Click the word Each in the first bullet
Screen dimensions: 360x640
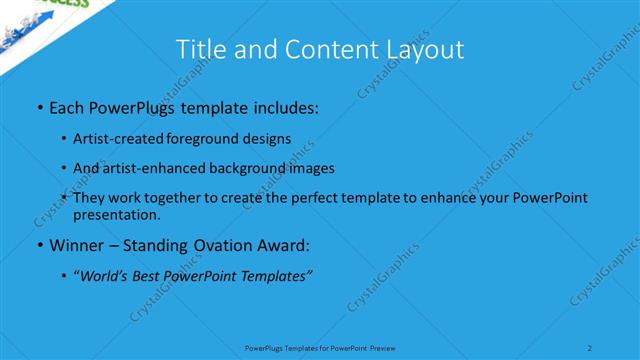pyautogui.click(x=67, y=105)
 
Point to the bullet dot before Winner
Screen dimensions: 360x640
pyautogui.click(x=39, y=245)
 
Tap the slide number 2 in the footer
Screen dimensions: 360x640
pyautogui.click(x=590, y=348)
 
